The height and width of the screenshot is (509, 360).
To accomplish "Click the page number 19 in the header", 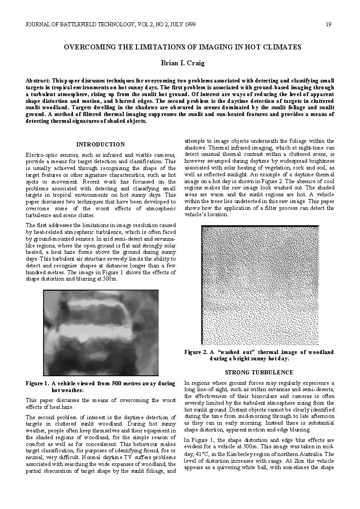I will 328,24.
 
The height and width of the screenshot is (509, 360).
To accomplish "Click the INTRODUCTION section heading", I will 100,145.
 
